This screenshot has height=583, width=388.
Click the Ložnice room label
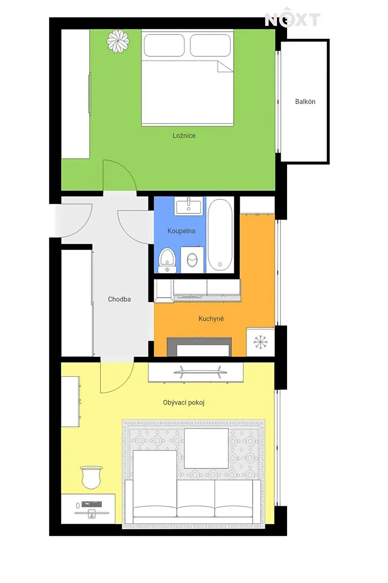(x=184, y=136)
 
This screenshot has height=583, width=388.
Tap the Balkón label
(x=305, y=102)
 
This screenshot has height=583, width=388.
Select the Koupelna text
(x=181, y=231)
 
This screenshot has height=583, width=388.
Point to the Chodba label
(x=119, y=299)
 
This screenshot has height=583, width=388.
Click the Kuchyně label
(x=211, y=319)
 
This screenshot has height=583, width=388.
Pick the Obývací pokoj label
(x=184, y=403)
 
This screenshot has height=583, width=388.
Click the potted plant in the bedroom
(x=118, y=41)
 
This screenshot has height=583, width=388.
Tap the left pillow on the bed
(x=164, y=45)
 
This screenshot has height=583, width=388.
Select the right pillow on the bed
(x=210, y=45)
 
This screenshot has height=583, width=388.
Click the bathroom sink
(x=189, y=206)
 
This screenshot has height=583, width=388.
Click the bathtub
(x=220, y=235)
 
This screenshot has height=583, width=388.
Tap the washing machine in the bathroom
(x=192, y=259)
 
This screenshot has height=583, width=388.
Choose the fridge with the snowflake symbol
(x=260, y=342)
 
